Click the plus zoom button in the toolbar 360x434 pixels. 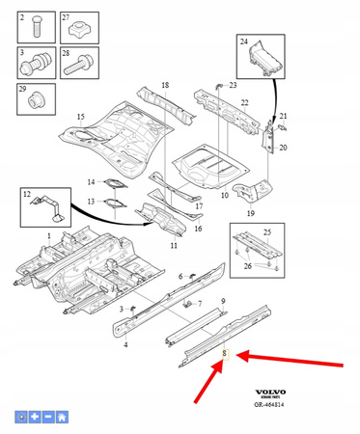(34, 417)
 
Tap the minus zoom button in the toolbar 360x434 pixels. (47, 417)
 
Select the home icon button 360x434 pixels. (61, 417)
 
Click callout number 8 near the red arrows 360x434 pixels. (224, 354)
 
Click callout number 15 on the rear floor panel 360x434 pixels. (80, 118)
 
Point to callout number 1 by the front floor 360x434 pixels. (49, 235)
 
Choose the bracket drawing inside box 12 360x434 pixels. (45, 207)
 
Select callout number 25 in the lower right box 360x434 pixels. (267, 232)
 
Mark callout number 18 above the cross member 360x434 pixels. (164, 86)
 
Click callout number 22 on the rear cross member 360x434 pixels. (244, 103)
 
